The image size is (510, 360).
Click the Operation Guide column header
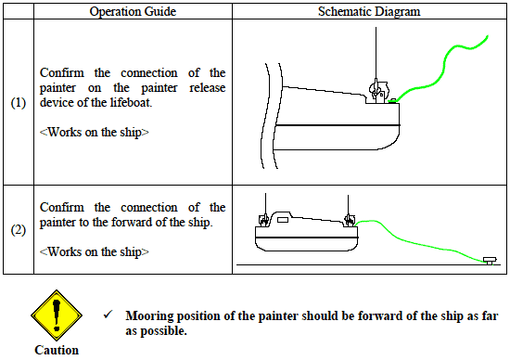click(133, 11)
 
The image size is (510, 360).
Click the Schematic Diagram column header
click(369, 11)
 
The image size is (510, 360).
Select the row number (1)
click(19, 103)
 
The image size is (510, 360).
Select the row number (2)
click(19, 230)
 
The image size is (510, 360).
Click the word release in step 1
click(207, 87)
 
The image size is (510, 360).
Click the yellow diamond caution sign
click(57, 315)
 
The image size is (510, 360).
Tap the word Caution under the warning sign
click(57, 350)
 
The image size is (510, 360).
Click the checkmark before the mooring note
click(108, 315)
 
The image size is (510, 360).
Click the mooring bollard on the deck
click(490, 261)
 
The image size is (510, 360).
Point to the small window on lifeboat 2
click(282, 221)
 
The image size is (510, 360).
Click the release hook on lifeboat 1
click(378, 91)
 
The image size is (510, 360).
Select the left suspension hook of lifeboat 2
click(263, 220)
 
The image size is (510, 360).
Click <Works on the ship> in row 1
click(94, 132)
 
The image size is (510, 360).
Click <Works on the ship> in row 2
click(94, 251)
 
